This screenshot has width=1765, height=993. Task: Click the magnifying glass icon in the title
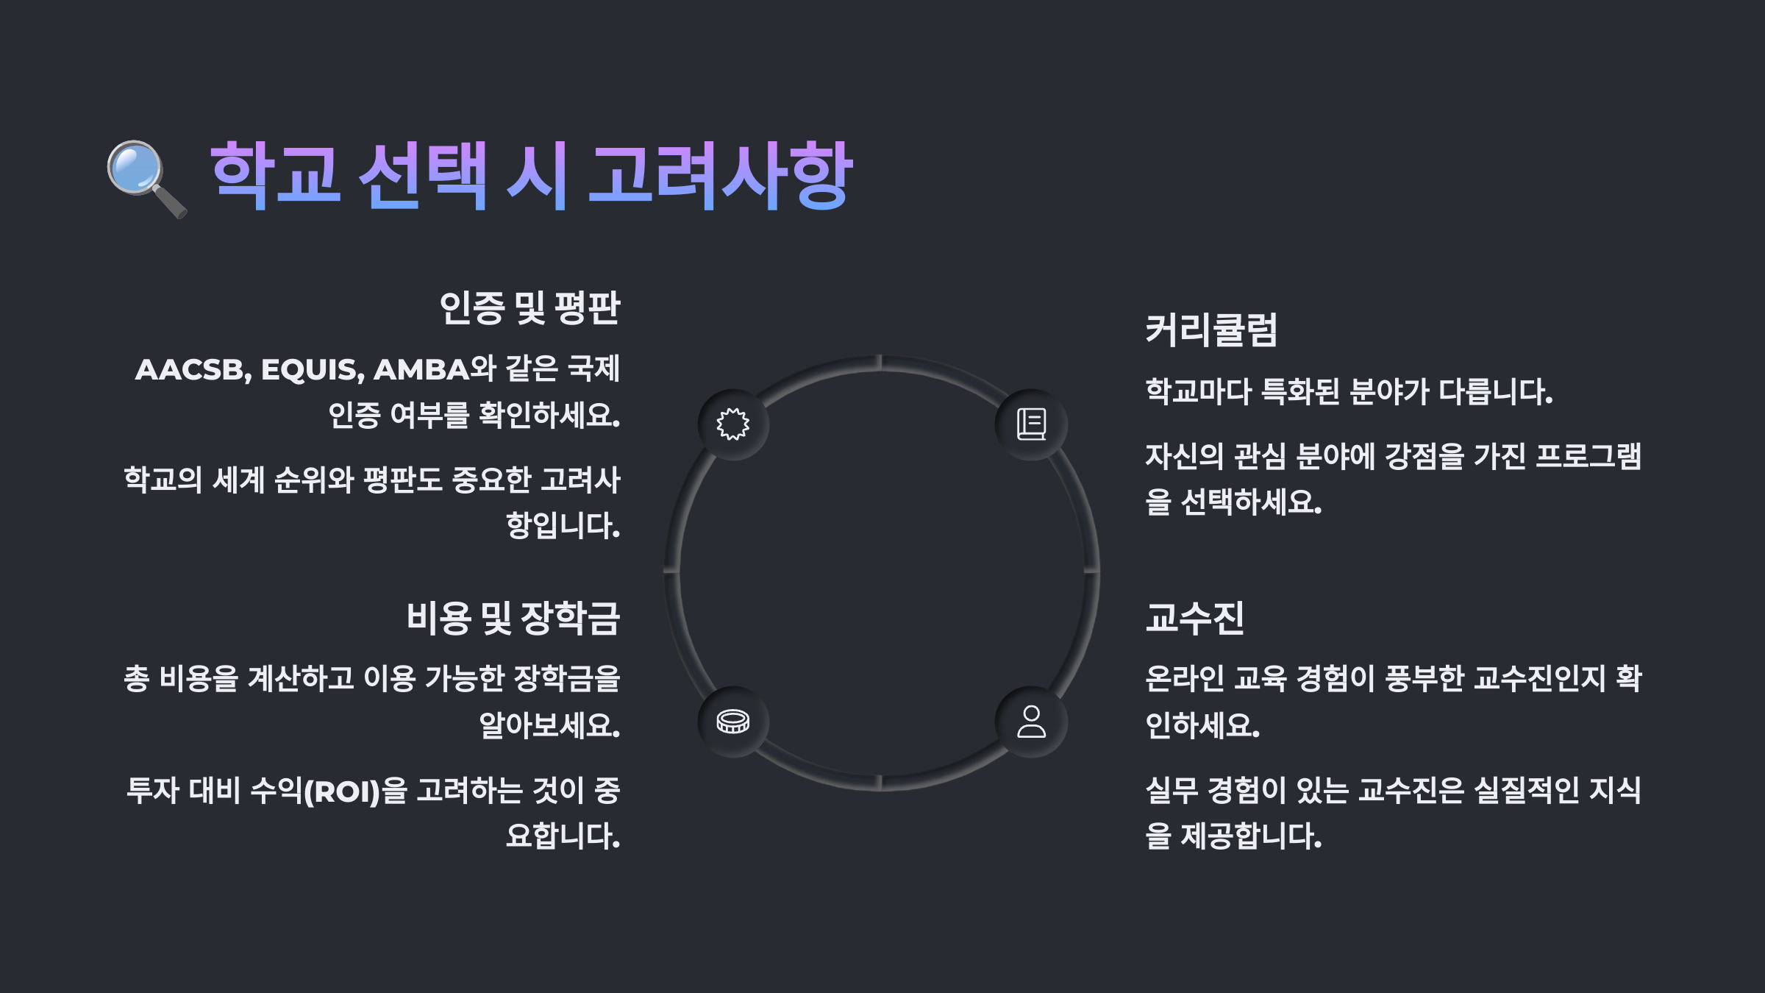[146, 178]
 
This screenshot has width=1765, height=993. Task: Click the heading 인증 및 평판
[529, 307]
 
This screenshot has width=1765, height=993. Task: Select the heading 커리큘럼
[1211, 330]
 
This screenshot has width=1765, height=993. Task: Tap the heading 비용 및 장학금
[513, 618]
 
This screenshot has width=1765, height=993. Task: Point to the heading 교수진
[1195, 618]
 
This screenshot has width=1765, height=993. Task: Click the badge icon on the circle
[733, 424]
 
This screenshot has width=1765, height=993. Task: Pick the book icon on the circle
[1031, 424]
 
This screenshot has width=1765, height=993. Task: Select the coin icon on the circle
[733, 722]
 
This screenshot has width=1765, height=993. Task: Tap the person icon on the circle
[1031, 722]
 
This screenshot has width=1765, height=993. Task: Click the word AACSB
[193, 370]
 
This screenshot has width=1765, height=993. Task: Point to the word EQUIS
[312, 370]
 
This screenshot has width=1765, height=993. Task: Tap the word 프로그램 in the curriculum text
[1588, 457]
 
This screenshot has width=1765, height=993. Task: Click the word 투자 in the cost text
[152, 791]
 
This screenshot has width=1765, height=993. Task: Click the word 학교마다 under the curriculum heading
[1198, 392]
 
